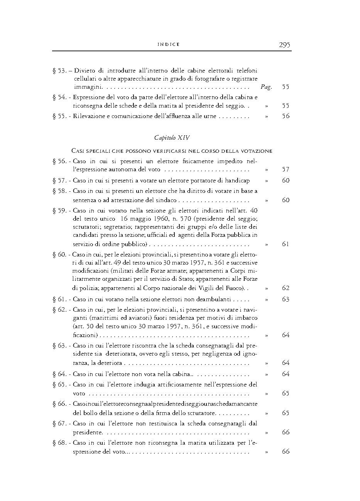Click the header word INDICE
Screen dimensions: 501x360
(x=169, y=45)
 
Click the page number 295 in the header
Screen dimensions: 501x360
(x=284, y=45)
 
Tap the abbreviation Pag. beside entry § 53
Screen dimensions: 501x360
(x=266, y=87)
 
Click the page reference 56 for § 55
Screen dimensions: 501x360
(x=286, y=116)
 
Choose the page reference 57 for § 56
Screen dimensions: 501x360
(x=286, y=169)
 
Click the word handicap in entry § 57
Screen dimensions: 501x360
(x=237, y=180)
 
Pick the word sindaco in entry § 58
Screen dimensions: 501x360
(x=166, y=200)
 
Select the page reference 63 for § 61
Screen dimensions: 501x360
(x=286, y=299)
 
